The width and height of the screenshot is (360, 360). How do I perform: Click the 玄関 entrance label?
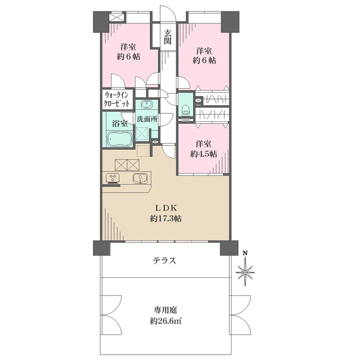(x=167, y=37)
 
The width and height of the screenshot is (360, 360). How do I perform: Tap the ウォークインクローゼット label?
(x=116, y=99)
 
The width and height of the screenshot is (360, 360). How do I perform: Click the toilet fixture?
(x=185, y=111)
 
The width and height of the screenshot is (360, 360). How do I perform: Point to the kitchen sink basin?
(x=140, y=178)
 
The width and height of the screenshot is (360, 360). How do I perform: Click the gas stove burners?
(x=113, y=178)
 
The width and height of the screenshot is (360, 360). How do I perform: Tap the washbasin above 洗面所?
(x=146, y=104)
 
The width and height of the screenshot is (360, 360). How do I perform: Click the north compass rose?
(x=245, y=272)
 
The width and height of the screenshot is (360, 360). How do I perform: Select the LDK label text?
(x=166, y=208)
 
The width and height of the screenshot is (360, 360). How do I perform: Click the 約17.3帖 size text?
(x=166, y=218)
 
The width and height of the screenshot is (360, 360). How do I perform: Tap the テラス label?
(x=164, y=261)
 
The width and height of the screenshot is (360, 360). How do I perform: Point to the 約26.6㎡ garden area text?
(x=166, y=321)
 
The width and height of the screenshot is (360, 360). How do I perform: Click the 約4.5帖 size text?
(x=203, y=154)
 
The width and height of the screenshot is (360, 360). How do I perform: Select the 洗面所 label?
(x=147, y=119)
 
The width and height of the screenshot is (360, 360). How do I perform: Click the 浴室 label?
(x=120, y=124)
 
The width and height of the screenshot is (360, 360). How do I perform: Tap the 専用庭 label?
(x=166, y=310)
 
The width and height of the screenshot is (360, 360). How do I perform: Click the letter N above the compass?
(x=245, y=253)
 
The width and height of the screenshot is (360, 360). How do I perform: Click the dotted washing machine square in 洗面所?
(x=143, y=133)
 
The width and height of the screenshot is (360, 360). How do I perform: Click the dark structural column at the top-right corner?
(x=230, y=22)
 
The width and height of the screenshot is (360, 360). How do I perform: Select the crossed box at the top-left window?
(x=117, y=17)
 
